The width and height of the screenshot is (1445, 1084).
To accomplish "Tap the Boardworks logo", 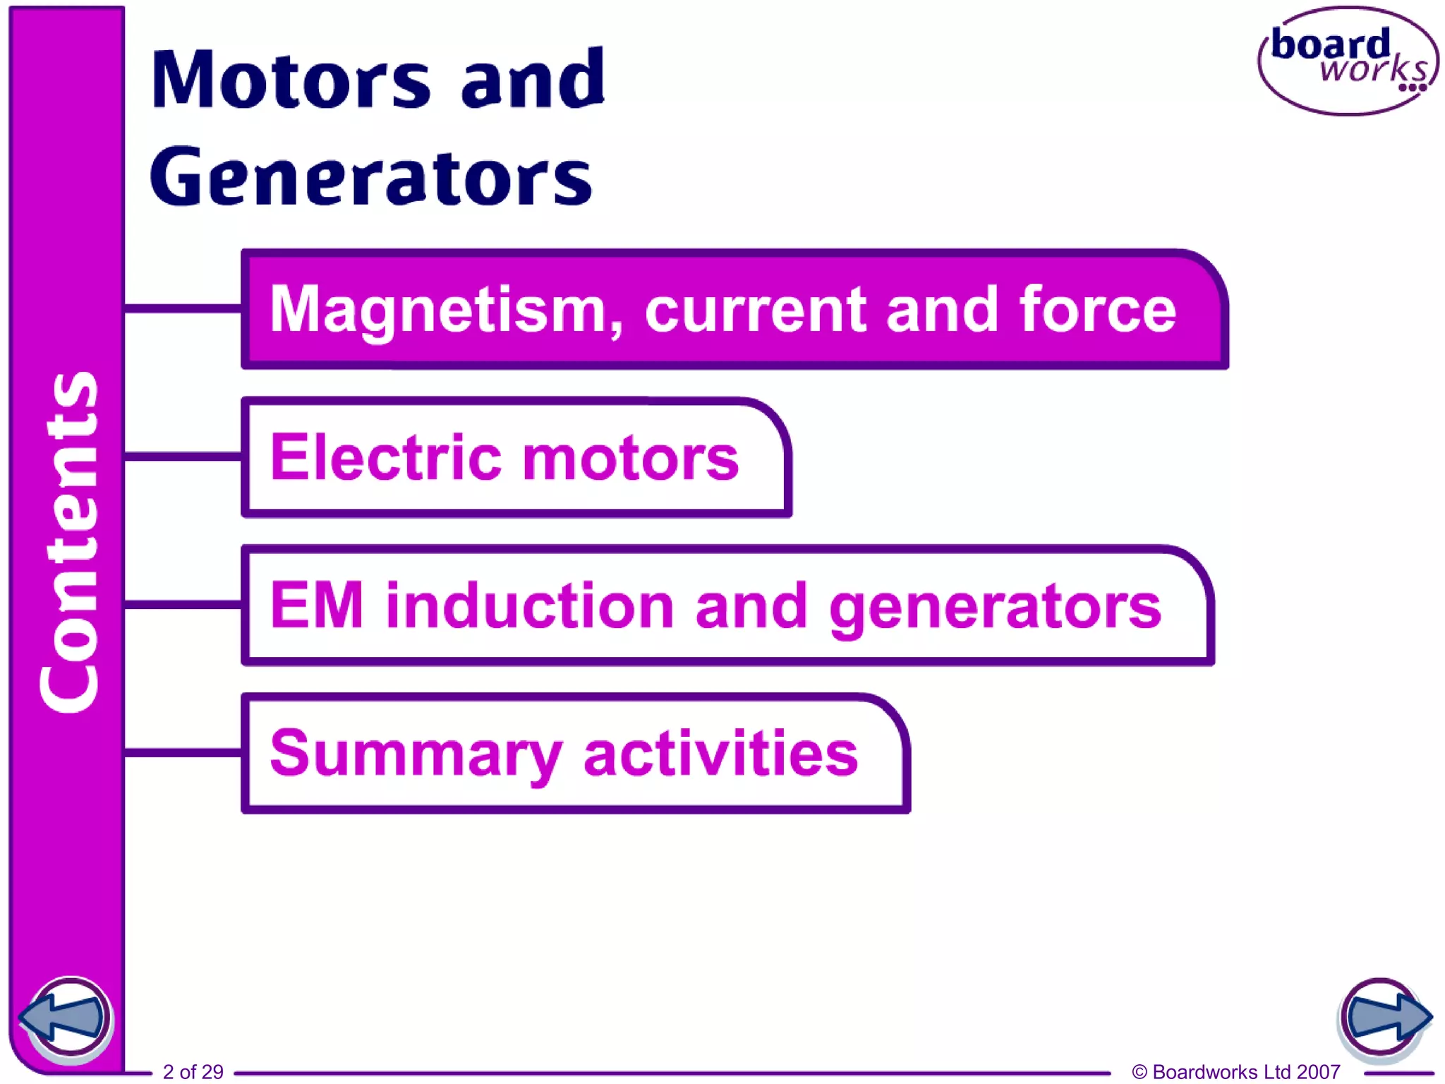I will coord(1348,61).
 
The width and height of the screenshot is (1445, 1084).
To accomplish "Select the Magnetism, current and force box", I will coord(734,309).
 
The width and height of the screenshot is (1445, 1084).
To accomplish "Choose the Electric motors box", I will coord(516,457).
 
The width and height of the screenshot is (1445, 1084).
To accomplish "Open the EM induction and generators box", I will coord(727,606).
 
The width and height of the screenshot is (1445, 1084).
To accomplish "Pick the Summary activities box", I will coord(575,754).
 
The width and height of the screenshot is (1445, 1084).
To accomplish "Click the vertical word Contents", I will coord(68,542).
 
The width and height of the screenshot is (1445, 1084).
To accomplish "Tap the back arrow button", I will coord(66,1018).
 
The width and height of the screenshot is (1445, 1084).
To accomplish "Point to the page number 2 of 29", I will coord(193,1071).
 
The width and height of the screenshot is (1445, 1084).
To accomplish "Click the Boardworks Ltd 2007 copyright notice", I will coord(1235,1071).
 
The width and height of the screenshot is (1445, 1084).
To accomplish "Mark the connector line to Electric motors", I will coord(183,457).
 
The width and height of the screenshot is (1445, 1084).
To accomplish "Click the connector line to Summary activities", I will coord(183,753).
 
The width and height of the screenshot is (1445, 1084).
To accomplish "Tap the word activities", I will coord(720,754).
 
